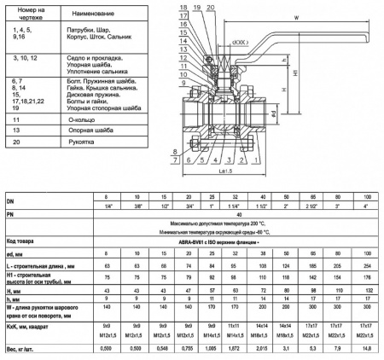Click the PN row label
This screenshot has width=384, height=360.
point(12,214)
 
